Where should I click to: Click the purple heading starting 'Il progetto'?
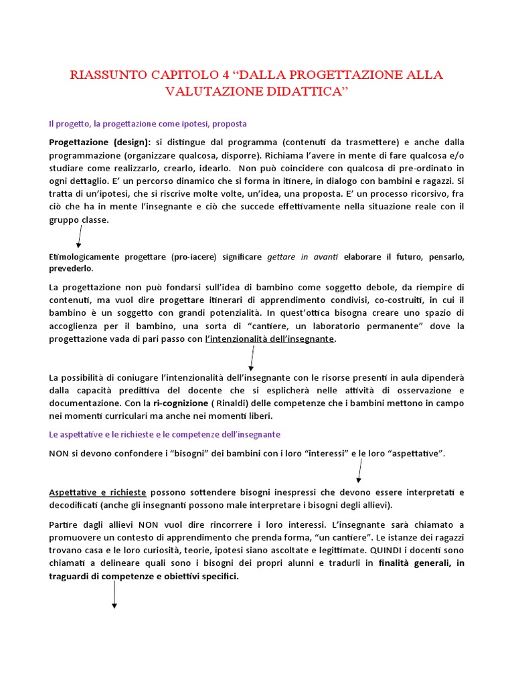[148, 124]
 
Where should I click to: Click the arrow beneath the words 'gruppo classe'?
[79, 235]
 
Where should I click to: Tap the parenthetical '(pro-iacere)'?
[196, 257]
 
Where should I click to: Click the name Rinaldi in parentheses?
[245, 403]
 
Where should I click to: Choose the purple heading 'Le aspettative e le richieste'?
[165, 434]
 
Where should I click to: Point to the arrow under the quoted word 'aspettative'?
[359, 470]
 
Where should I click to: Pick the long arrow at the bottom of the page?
[114, 594]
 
